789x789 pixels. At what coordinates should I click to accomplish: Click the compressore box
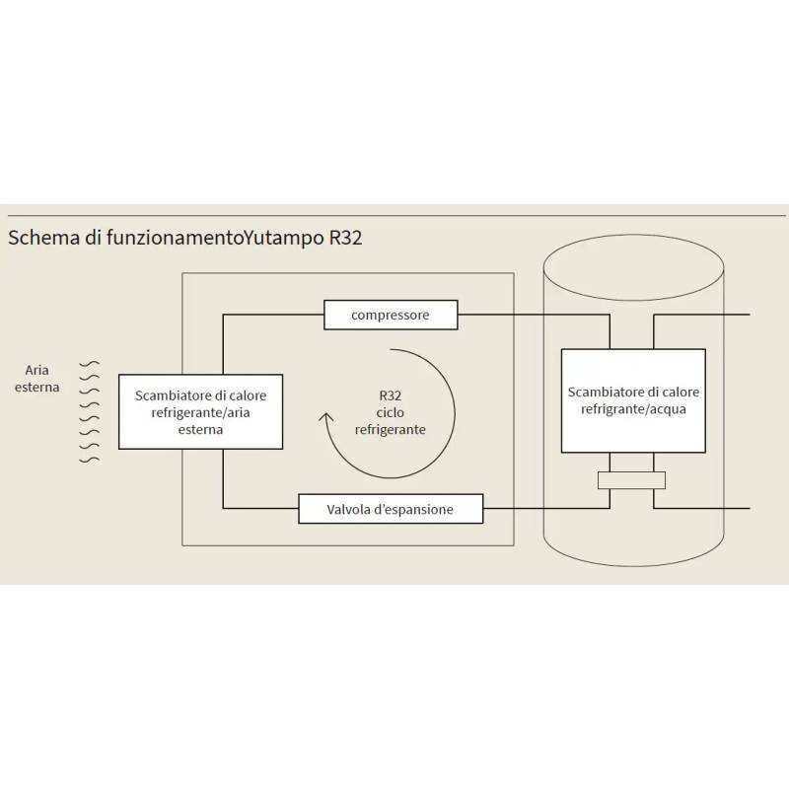[x=391, y=316]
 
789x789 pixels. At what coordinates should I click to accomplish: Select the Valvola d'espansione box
[x=391, y=510]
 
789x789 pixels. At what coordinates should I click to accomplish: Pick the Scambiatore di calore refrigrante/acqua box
[x=633, y=400]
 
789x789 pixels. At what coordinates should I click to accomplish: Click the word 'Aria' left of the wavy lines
[x=37, y=371]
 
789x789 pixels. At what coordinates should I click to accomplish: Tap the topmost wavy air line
[x=90, y=364]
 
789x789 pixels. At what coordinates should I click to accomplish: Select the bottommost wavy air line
[x=90, y=459]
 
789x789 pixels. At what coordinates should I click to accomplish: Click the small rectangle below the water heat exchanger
[x=631, y=480]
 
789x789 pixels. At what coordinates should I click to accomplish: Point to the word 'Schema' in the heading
[x=40, y=239]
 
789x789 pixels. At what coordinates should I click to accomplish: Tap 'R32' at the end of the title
[x=345, y=239]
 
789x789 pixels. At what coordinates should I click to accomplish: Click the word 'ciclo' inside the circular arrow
[x=390, y=412]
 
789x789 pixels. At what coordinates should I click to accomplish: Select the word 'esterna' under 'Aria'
[x=37, y=388]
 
